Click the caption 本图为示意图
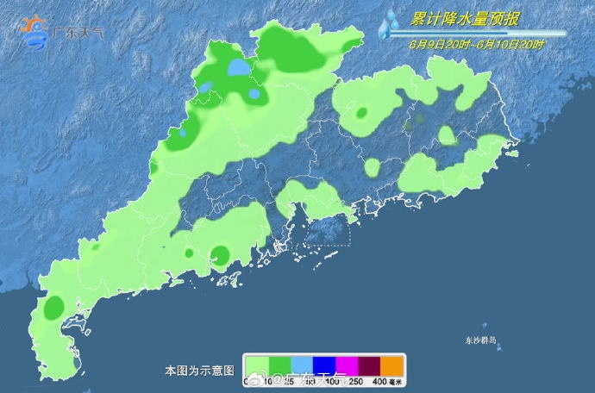click(x=199, y=371)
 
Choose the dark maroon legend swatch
click(x=369, y=365)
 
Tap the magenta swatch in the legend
click(x=347, y=365)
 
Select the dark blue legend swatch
click(x=324, y=365)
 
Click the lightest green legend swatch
click(x=257, y=365)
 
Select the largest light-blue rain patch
click(x=240, y=67)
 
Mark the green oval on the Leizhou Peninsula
click(x=54, y=307)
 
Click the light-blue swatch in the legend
click(x=302, y=365)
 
